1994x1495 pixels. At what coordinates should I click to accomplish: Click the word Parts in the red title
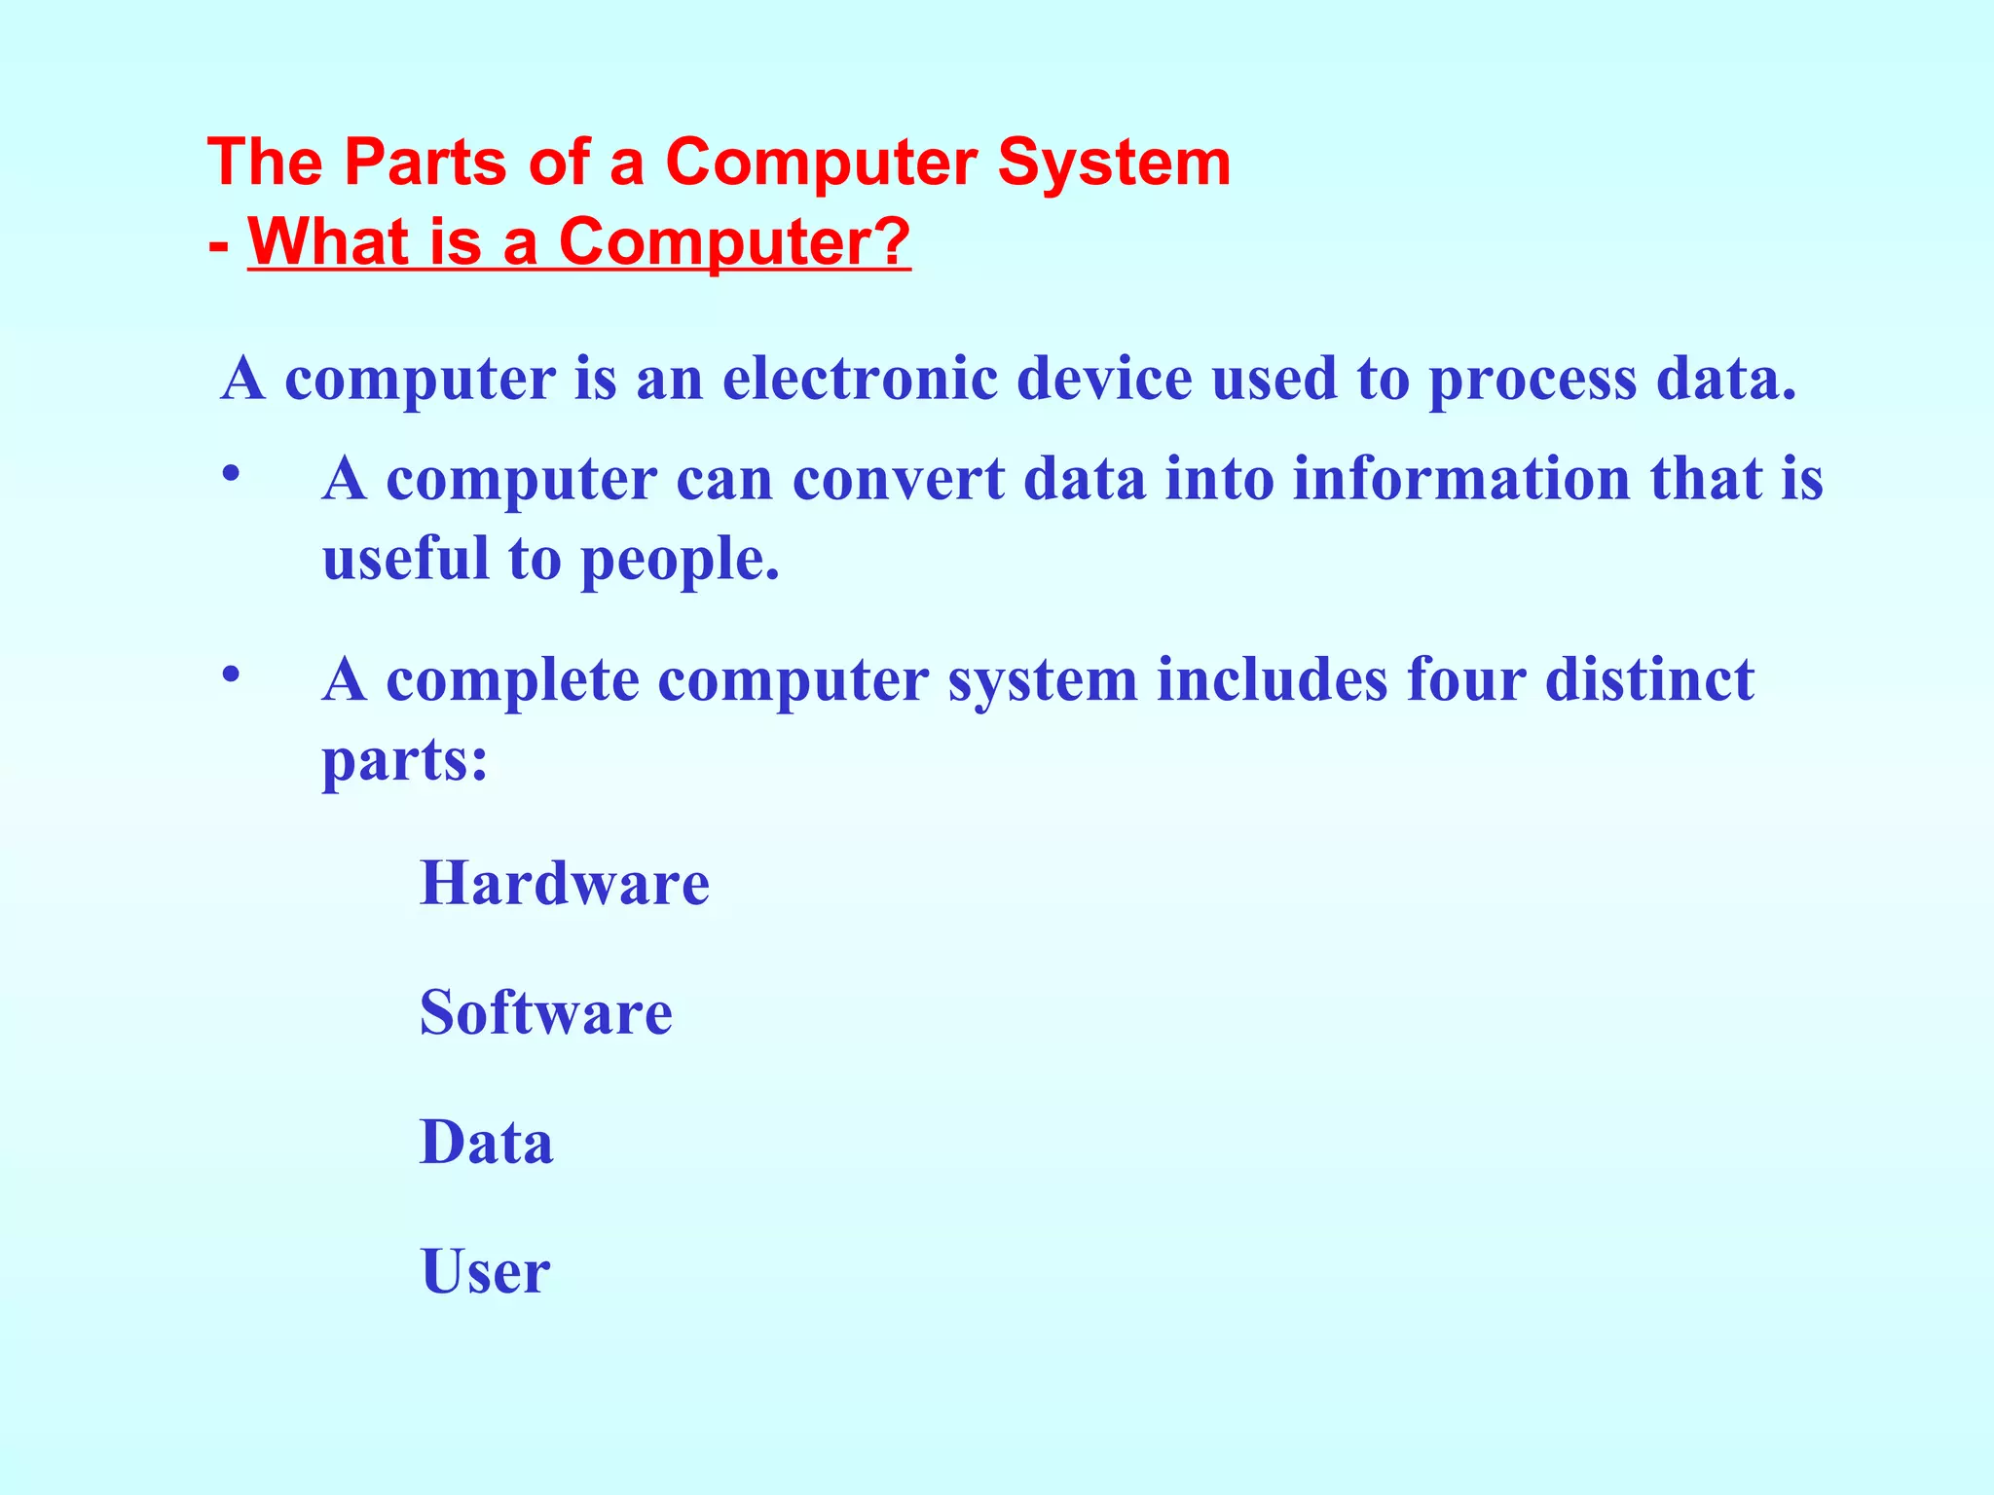click(x=425, y=163)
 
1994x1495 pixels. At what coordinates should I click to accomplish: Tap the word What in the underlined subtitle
click(x=328, y=241)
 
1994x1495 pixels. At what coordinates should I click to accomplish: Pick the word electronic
click(x=860, y=379)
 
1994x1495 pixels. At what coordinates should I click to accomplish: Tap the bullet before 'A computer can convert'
click(x=231, y=474)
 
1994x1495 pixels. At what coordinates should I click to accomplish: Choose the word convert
click(x=898, y=480)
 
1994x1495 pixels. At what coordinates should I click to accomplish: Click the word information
click(x=1460, y=480)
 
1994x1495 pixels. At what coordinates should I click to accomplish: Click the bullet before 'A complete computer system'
click(x=231, y=674)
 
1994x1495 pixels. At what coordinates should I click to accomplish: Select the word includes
click(x=1272, y=679)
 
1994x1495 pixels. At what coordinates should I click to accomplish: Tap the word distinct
click(x=1649, y=679)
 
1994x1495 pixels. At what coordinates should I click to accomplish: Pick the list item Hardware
click(x=565, y=884)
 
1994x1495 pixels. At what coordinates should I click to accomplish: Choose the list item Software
click(x=546, y=1013)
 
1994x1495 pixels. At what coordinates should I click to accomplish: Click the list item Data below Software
click(x=486, y=1143)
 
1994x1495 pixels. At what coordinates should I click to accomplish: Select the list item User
click(x=485, y=1272)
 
